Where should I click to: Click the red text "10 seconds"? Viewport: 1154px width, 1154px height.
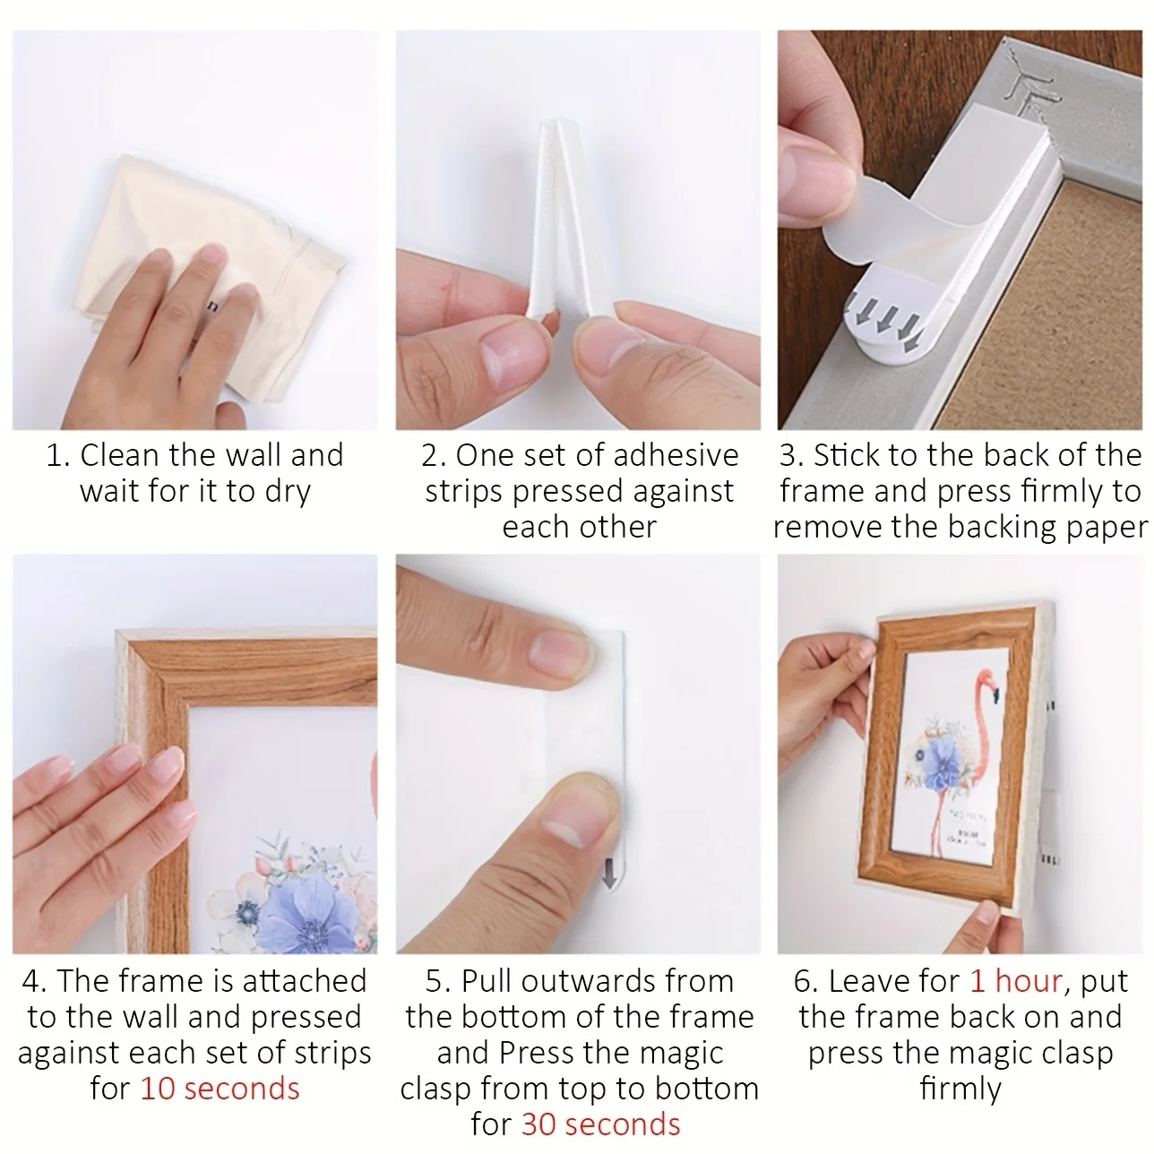click(220, 1089)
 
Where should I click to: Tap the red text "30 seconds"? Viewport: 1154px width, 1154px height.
click(600, 1124)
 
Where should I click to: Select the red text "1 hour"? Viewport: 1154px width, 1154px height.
click(1015, 981)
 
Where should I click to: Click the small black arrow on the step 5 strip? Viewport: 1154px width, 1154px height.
click(609, 873)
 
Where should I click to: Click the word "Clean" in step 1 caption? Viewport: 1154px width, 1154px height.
click(119, 455)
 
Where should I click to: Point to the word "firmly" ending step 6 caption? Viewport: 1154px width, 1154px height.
click(960, 1089)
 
